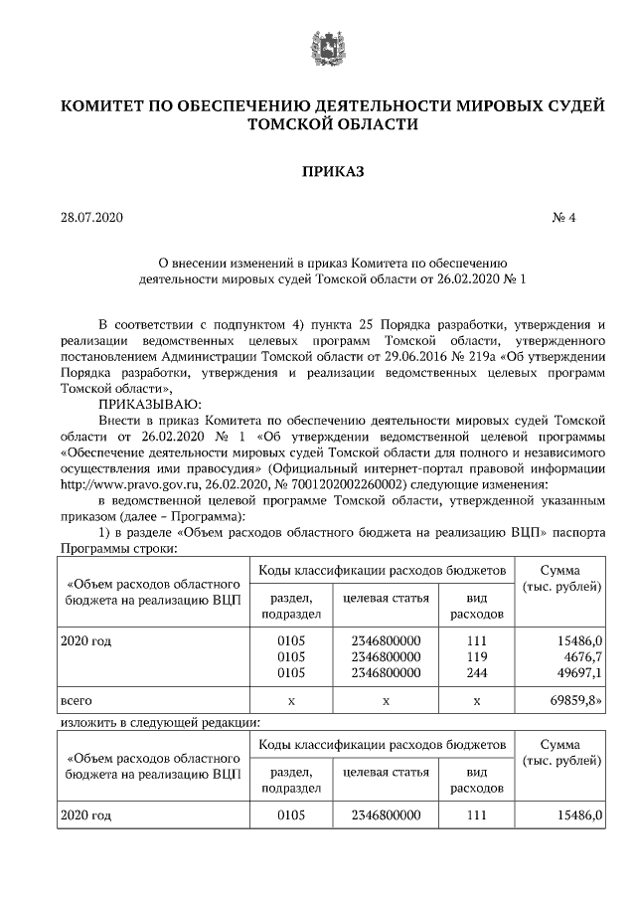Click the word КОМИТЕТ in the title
[109, 105]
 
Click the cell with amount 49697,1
[579, 673]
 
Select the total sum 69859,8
[577, 701]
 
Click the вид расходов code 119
[477, 657]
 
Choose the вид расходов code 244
[477, 673]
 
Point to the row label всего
[79, 701]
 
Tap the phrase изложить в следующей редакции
[159, 723]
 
